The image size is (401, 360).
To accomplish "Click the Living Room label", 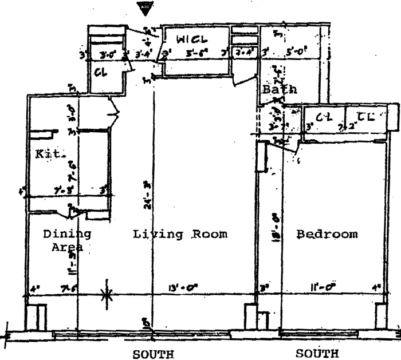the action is click(180, 234).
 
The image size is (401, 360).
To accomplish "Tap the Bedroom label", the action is click(327, 234).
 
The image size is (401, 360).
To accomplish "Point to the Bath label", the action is click(280, 90).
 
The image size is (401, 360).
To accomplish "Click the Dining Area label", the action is click(68, 240).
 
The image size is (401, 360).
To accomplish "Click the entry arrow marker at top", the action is click(147, 7).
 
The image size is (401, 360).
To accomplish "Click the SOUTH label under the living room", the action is click(153, 354).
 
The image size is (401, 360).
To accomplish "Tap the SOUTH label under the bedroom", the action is click(317, 353).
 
